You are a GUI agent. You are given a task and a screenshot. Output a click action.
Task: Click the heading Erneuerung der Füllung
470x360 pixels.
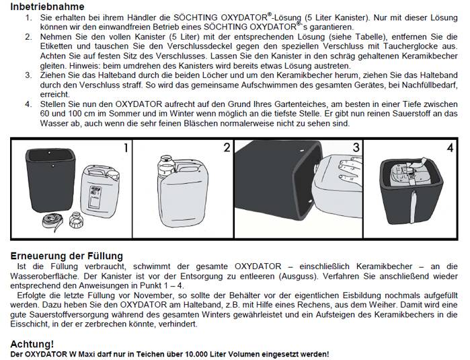[67, 256]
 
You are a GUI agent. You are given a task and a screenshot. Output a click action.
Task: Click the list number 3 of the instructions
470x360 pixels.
[28, 75]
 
